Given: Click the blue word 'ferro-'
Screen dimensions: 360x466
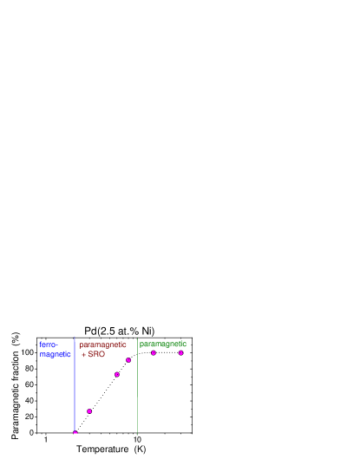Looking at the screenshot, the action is point(47,345).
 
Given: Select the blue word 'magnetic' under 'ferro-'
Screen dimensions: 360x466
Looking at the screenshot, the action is point(55,354).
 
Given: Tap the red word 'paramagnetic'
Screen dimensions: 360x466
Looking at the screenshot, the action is point(102,345).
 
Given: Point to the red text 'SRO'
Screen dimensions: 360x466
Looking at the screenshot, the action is point(96,354).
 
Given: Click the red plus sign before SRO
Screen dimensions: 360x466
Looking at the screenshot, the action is point(83,354).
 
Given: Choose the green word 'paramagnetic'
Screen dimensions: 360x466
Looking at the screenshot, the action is point(162,344).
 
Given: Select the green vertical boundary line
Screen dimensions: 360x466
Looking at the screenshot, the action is point(137,391).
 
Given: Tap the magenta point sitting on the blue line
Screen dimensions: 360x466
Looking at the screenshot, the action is point(75,432).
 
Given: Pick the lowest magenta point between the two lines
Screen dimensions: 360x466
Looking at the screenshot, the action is point(89,411).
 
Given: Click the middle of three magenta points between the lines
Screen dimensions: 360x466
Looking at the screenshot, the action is point(117,375).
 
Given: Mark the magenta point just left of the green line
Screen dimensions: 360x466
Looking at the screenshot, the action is point(128,360).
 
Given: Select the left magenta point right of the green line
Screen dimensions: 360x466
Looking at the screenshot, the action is point(154,353).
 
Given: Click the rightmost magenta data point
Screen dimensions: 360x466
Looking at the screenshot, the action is point(181,353).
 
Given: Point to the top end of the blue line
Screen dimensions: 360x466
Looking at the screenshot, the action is point(75,338).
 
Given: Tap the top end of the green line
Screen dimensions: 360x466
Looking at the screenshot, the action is point(137,338).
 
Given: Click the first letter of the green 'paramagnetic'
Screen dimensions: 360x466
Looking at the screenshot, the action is point(141,345).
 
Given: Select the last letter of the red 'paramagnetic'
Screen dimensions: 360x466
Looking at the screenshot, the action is point(125,345).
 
